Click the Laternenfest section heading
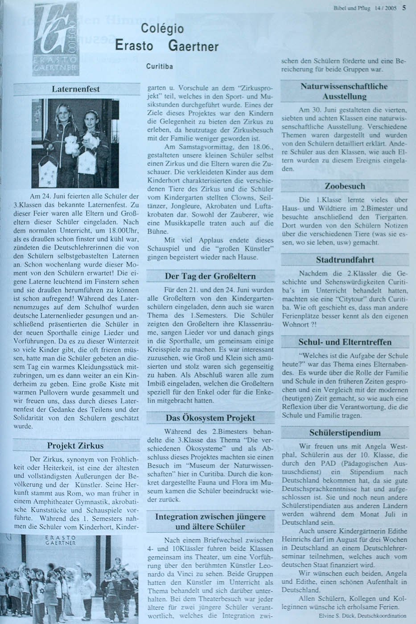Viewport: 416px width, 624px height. coord(76,89)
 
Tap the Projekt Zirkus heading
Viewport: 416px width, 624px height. coord(75,445)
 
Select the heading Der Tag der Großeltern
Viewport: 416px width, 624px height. coord(210,276)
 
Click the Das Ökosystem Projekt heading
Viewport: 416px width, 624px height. coord(210,418)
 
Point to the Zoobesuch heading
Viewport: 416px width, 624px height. coord(345,186)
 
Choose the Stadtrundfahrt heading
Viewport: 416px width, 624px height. coord(345,259)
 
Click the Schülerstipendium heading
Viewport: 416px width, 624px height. coord(345,432)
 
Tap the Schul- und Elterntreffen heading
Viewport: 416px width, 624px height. coord(345,342)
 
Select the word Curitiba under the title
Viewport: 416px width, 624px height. coord(159,66)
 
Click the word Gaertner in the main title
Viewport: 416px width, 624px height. coord(194,46)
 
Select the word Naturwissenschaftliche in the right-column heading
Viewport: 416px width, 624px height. coord(344,86)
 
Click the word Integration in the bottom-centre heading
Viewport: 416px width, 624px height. coord(176,517)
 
